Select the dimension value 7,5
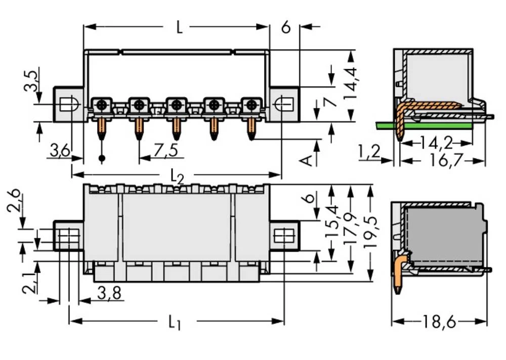[165, 150]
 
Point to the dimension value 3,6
[60, 150]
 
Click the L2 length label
[177, 175]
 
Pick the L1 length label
[175, 322]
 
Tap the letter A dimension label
[306, 160]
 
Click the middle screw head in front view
[176, 105]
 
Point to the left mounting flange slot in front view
[68, 105]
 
